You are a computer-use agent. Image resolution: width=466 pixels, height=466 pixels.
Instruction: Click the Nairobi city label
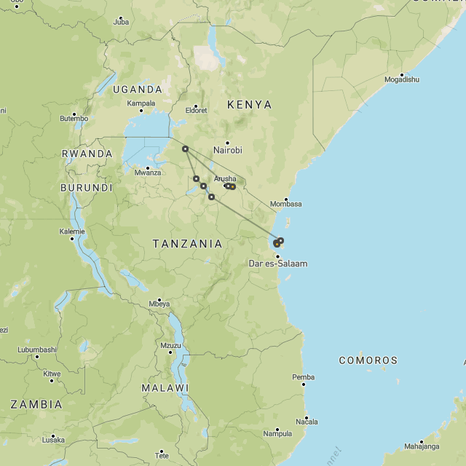tap(227, 150)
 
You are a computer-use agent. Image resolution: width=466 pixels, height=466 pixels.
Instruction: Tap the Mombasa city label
tap(285, 204)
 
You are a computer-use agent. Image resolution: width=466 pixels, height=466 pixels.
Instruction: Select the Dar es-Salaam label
tap(277, 263)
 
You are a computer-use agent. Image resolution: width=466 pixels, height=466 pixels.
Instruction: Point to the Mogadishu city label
tap(402, 79)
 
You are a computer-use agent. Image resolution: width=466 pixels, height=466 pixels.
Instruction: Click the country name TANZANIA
tap(187, 244)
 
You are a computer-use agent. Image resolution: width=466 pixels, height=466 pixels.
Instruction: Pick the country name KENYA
tap(249, 105)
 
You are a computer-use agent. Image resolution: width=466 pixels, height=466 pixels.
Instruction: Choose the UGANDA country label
tap(138, 90)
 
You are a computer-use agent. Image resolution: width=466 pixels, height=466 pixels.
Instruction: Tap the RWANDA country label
tap(87, 154)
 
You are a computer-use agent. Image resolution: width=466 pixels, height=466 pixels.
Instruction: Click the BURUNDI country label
tap(86, 188)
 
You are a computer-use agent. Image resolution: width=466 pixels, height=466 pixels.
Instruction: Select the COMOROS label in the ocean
tap(368, 360)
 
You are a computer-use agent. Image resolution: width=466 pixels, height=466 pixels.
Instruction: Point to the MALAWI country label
tap(165, 388)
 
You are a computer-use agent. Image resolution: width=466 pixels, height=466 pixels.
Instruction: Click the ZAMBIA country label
tap(36, 404)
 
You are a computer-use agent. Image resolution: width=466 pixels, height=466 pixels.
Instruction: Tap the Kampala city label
tap(141, 103)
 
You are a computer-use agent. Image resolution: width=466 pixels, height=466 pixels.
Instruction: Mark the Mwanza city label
tap(147, 172)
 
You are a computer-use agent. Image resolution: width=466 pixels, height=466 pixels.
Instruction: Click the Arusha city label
tap(225, 178)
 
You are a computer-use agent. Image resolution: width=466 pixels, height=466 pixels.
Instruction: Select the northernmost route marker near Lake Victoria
tap(185, 149)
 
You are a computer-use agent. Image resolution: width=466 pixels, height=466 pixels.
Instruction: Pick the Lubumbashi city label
tap(37, 349)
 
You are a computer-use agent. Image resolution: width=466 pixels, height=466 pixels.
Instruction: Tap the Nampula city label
tap(277, 433)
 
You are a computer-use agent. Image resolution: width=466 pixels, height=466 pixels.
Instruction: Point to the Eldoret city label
tap(196, 110)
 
